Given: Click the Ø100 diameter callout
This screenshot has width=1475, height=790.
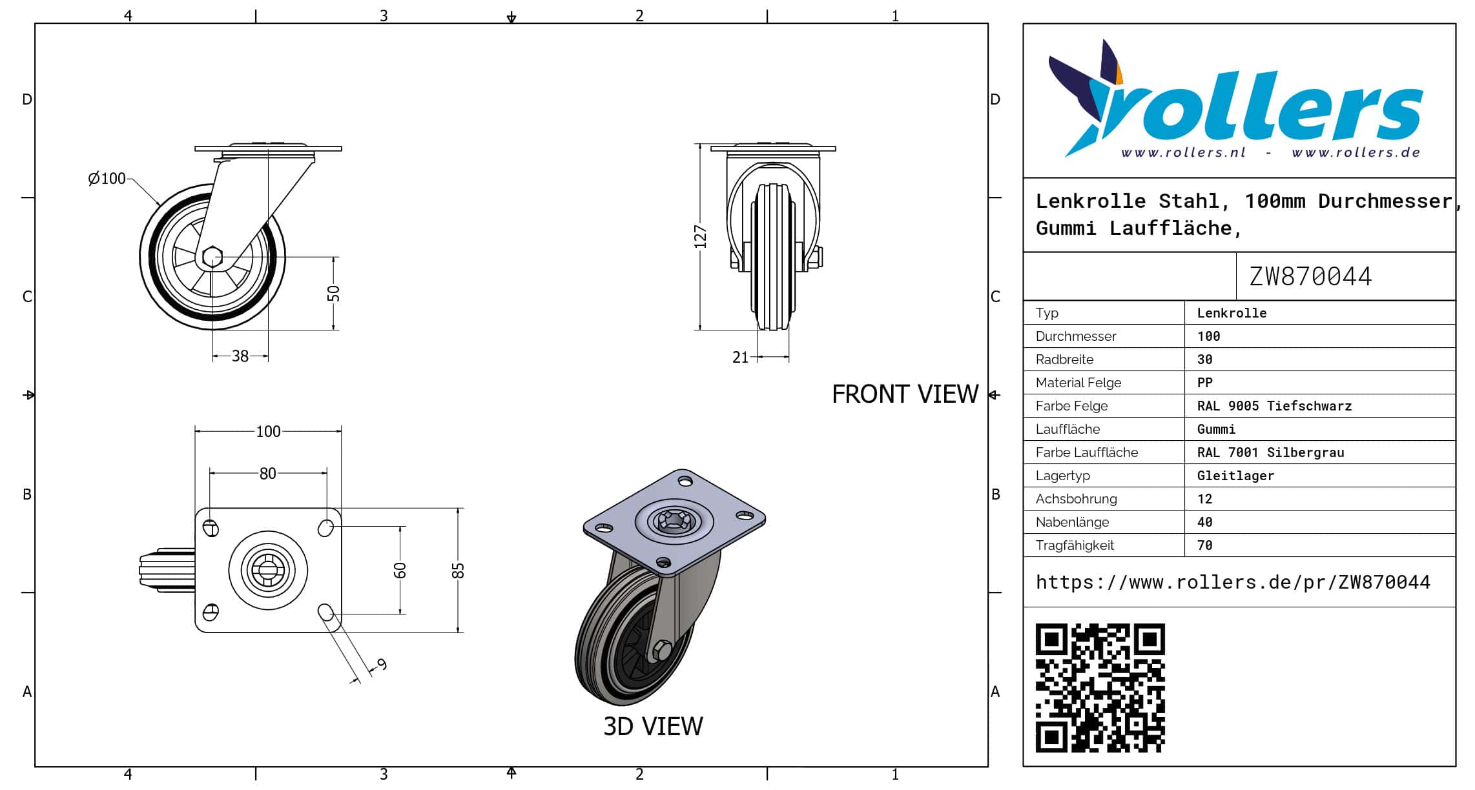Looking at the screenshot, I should [107, 178].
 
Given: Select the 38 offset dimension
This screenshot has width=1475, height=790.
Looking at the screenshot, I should [240, 356].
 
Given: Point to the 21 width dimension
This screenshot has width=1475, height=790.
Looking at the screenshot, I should [740, 358].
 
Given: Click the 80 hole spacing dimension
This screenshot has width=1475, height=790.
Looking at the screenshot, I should [268, 474].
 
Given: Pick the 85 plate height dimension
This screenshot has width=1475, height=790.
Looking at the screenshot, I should [458, 571].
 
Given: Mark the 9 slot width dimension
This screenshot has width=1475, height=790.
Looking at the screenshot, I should [382, 664].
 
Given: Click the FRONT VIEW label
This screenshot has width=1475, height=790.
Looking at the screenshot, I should [905, 394].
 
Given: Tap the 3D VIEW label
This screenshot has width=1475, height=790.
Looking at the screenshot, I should [653, 727].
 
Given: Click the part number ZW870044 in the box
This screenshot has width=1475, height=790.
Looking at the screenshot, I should [1310, 277].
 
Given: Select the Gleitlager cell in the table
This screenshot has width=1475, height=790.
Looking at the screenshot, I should [1235, 476].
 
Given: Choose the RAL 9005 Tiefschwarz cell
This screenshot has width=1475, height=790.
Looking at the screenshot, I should [1274, 406].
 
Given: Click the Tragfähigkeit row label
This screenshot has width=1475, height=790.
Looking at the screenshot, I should [1075, 545].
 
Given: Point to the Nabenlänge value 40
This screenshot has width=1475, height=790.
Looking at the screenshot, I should [1205, 522].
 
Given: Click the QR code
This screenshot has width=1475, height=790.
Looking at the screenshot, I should [1100, 687].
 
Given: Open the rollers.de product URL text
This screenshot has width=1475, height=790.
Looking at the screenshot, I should [1233, 582].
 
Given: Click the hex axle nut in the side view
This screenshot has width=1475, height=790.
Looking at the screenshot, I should [212, 257].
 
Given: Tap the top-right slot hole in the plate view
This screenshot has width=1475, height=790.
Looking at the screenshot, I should [326, 528].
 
